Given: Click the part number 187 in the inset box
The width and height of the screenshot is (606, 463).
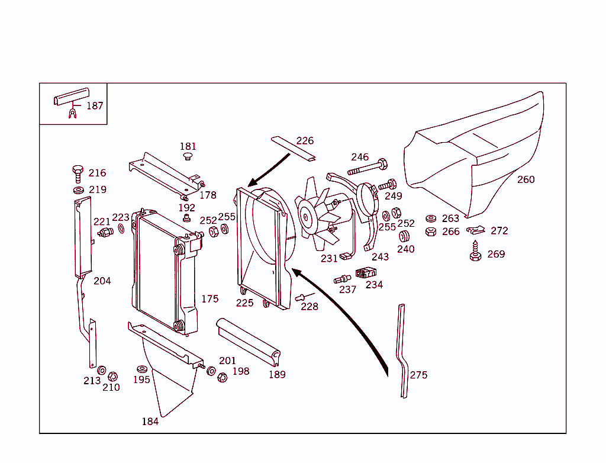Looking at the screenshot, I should click(95, 106).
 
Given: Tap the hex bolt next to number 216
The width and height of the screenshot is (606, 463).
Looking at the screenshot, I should click(78, 173).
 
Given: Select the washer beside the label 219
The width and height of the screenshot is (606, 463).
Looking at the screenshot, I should click(78, 190).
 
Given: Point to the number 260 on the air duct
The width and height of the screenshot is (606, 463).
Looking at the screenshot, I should click(526, 179).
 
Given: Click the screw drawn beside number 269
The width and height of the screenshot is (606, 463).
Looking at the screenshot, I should click(475, 253).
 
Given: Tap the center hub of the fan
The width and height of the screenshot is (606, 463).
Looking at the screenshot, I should click(307, 217).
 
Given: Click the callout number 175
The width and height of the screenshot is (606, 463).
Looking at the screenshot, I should click(209, 299).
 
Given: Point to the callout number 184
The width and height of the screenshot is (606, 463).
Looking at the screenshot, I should click(150, 422).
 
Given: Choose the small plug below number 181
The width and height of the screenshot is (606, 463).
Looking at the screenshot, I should click(188, 157).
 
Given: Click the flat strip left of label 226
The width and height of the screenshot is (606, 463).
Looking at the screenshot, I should click(293, 148).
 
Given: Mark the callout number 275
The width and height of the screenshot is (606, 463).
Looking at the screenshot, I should click(418, 375).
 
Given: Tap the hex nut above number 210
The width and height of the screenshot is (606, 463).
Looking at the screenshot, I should click(112, 376).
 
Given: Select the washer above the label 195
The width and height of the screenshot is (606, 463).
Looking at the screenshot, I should click(141, 369).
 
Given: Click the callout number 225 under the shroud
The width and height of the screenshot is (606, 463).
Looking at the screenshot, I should click(244, 303).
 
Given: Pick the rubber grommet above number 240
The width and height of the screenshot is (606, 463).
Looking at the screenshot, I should click(405, 237).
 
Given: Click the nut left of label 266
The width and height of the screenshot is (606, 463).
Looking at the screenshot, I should click(431, 231).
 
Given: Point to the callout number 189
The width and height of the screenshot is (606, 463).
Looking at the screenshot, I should click(276, 374).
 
